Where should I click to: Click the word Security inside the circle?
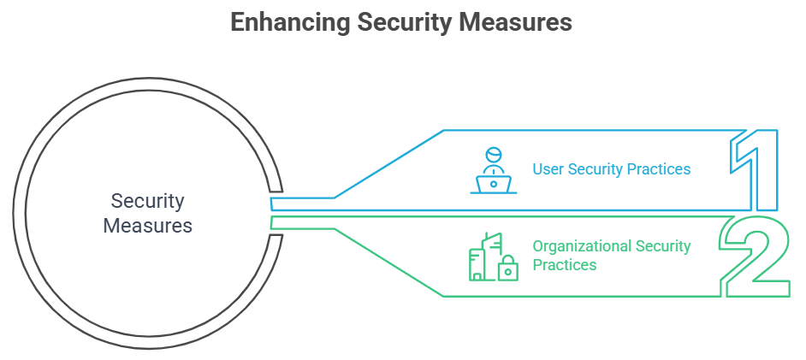click(147, 202)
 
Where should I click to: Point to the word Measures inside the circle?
click(147, 227)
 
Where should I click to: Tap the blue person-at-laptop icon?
click(494, 171)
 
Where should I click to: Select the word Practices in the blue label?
click(660, 169)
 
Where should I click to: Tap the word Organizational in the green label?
click(582, 246)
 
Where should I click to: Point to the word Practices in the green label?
click(565, 265)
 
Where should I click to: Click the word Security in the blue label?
click(596, 169)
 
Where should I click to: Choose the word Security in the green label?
click(663, 246)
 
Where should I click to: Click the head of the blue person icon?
click(493, 156)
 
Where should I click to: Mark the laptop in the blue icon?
click(494, 183)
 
